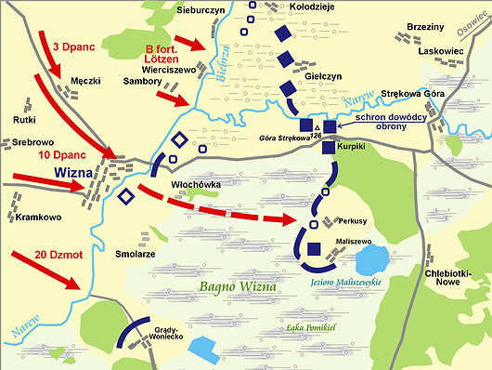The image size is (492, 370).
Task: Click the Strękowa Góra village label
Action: (409, 95)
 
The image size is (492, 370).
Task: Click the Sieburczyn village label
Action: (201, 8)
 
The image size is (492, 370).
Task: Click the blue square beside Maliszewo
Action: (314, 248)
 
